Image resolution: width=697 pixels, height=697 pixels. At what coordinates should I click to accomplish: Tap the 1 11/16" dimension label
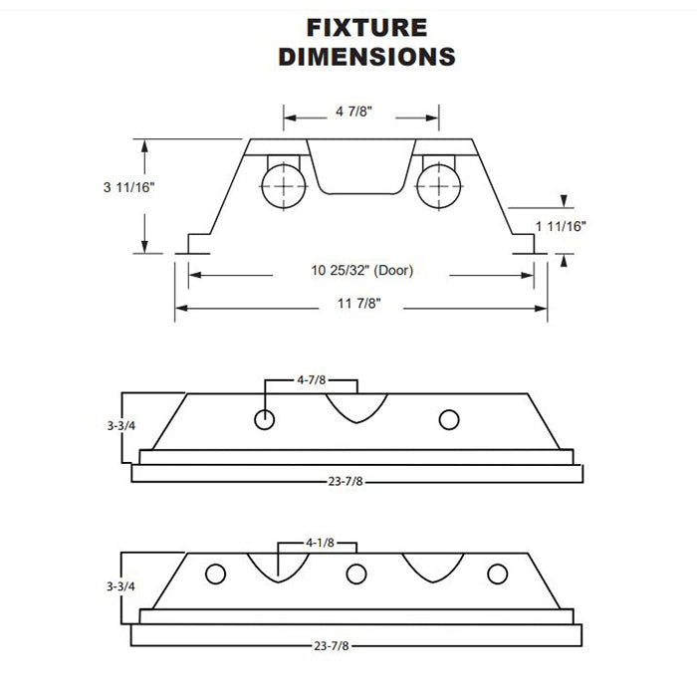pyautogui.click(x=561, y=227)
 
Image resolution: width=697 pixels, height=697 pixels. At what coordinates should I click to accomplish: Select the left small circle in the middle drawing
pyautogui.click(x=264, y=419)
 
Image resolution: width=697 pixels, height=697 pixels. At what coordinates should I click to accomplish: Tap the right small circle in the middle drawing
pyautogui.click(x=449, y=419)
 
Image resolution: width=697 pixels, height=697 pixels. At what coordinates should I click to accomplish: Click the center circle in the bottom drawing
pyautogui.click(x=354, y=575)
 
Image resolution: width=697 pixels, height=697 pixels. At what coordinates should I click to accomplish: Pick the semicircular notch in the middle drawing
pyautogui.click(x=356, y=406)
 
